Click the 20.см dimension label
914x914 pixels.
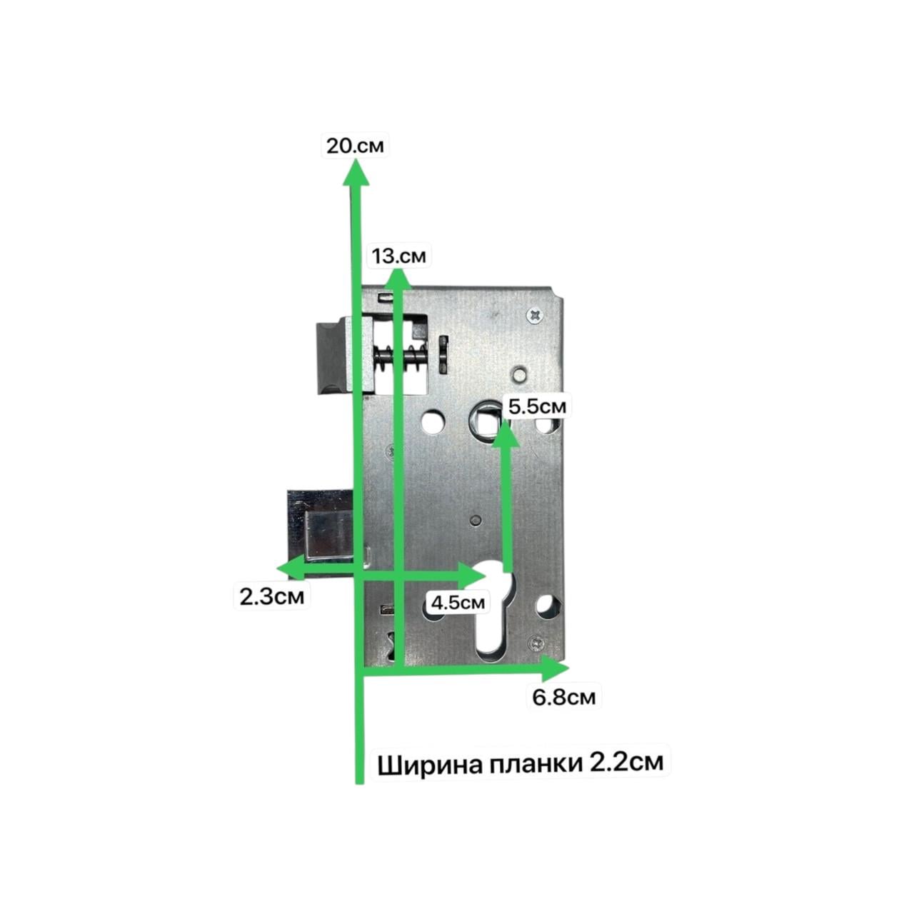point(355,145)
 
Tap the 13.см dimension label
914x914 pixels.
point(398,256)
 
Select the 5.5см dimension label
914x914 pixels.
point(538,406)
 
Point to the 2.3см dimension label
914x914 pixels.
point(271,596)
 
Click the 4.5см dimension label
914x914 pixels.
point(458,603)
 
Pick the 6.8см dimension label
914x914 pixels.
point(563,697)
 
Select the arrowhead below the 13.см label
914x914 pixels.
point(398,278)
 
